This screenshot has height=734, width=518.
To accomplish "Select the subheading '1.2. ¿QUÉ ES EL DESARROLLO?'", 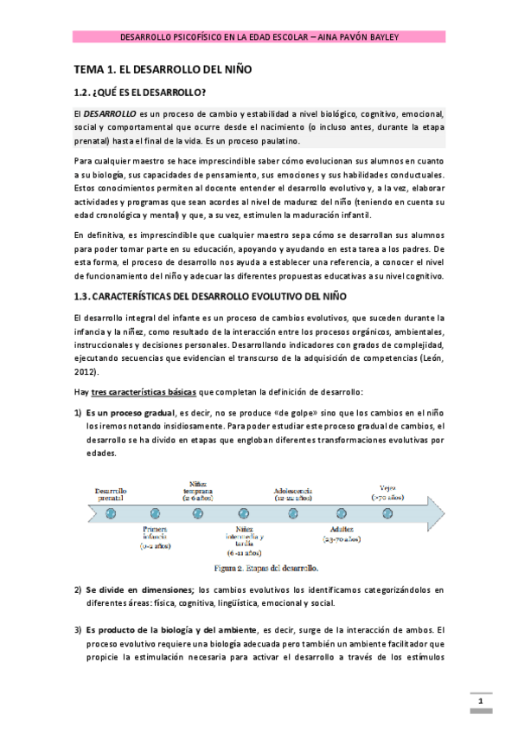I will (x=139, y=93).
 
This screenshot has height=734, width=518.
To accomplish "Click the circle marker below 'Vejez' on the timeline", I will (x=387, y=513).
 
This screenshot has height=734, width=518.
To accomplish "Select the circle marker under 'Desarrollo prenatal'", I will (x=111, y=513).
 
